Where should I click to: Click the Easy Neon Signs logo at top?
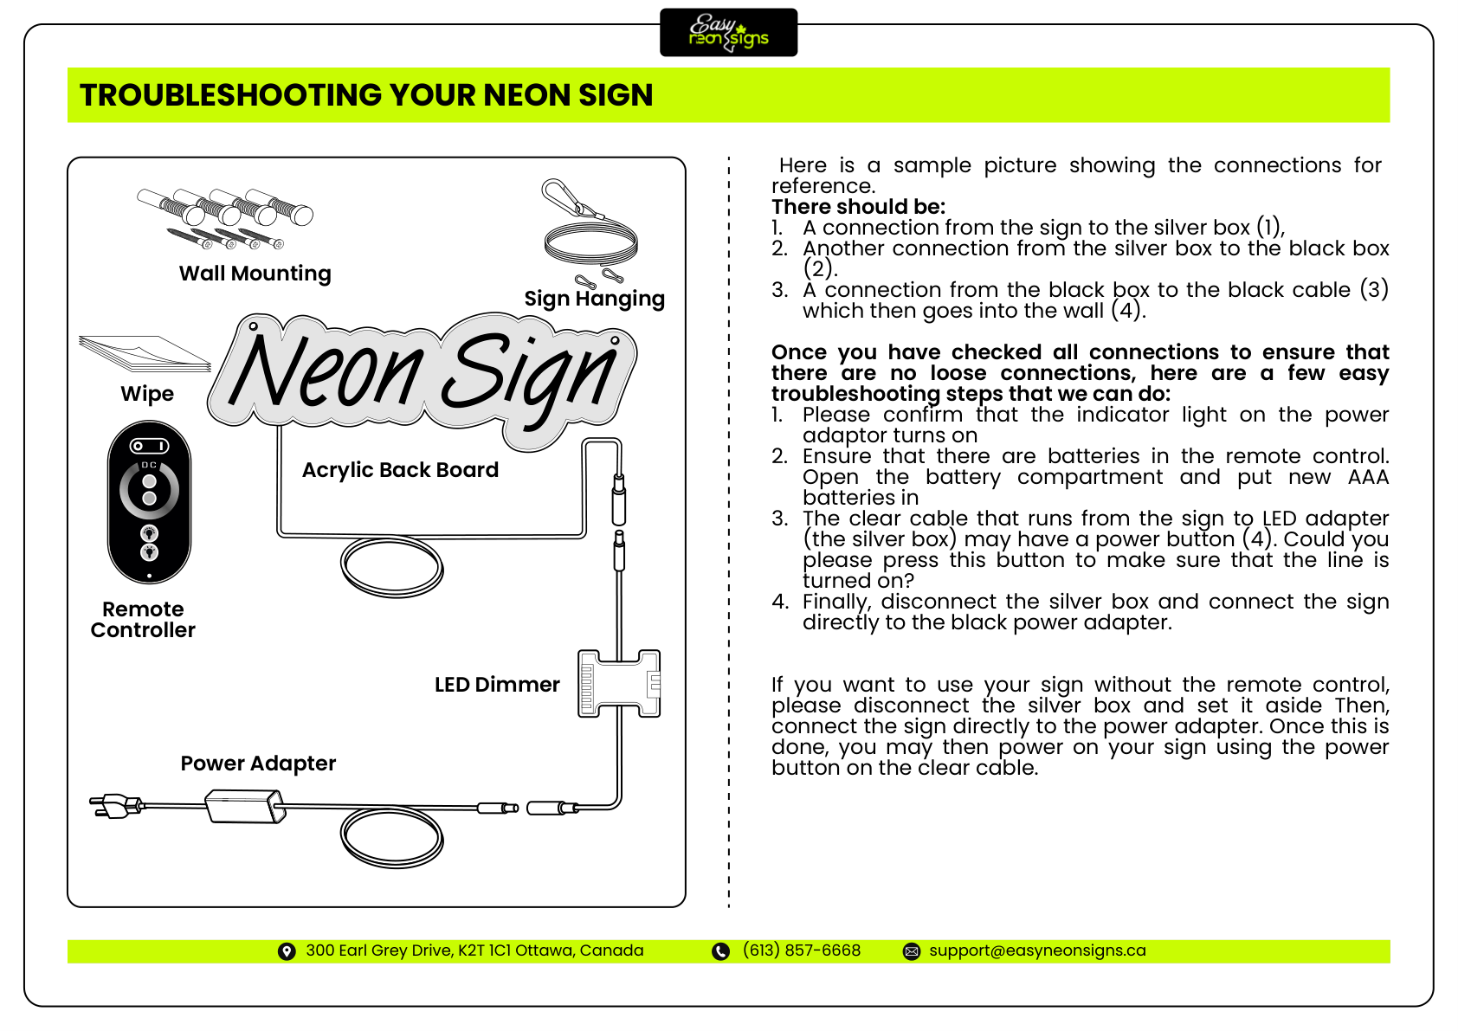[728, 33]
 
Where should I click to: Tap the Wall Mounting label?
[255, 274]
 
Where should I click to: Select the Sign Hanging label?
[594, 299]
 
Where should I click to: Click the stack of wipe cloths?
[145, 353]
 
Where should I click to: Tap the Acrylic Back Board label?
[400, 470]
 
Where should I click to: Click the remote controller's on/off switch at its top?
[149, 446]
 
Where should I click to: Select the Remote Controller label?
[143, 620]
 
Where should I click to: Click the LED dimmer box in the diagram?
[619, 684]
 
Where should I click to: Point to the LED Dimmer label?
[497, 685]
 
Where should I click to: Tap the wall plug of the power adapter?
[114, 806]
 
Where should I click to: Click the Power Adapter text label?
[258, 764]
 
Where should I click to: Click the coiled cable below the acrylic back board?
[392, 567]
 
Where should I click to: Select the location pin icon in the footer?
[287, 951]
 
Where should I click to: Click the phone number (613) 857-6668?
[802, 950]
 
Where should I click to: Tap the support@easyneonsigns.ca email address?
[1037, 950]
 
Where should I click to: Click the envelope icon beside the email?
[912, 951]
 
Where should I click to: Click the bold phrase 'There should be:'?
[858, 207]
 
